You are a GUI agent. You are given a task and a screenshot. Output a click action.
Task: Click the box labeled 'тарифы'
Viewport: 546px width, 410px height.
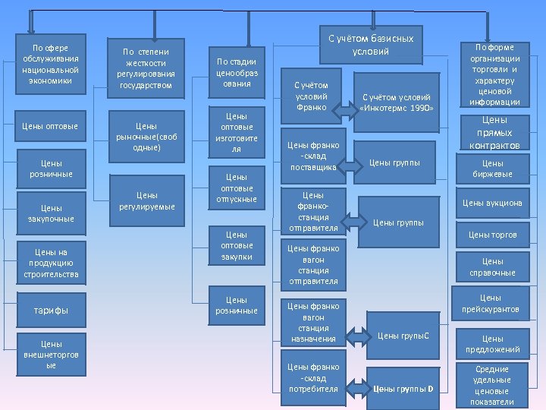pyautogui.click(x=51, y=310)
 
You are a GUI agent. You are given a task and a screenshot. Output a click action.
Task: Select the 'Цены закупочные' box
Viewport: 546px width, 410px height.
pyautogui.click(x=52, y=213)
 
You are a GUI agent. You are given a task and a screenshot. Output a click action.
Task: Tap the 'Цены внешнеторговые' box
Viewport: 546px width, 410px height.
pyautogui.click(x=51, y=355)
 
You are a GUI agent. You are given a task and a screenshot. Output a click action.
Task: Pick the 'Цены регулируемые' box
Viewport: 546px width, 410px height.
pyautogui.click(x=146, y=200)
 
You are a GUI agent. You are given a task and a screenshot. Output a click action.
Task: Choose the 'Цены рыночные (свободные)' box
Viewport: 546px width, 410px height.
pyautogui.click(x=146, y=136)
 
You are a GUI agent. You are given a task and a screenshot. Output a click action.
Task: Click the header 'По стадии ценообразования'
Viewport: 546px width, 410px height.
pyautogui.click(x=237, y=73)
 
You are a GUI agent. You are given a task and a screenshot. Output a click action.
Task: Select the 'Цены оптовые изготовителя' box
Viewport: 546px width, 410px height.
pyautogui.click(x=237, y=133)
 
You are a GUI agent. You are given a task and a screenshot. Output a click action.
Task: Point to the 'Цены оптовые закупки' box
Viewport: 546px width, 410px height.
pyautogui.click(x=237, y=246)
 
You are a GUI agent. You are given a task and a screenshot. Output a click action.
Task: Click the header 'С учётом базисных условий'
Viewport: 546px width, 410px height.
pyautogui.click(x=371, y=45)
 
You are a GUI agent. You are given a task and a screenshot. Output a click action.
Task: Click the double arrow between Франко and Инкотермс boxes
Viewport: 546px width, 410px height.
pyautogui.click(x=345, y=111)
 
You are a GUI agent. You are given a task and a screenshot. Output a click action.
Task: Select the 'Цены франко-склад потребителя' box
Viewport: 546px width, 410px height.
pyautogui.click(x=313, y=377)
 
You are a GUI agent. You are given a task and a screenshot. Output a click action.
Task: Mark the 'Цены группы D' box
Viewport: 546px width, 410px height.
pyautogui.click(x=403, y=388)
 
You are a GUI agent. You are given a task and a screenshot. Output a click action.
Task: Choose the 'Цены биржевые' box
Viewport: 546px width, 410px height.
pyautogui.click(x=492, y=168)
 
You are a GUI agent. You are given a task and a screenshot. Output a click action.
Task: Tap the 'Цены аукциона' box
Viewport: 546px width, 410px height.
pyautogui.click(x=492, y=203)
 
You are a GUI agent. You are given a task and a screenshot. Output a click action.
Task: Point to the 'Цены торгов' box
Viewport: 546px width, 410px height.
pyautogui.click(x=492, y=235)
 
